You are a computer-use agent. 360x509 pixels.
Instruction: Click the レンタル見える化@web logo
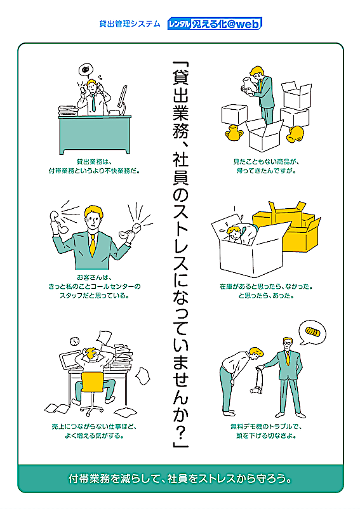point(215,23)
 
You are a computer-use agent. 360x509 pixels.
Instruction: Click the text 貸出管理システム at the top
point(130,23)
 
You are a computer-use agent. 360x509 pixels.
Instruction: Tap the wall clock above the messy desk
point(75,341)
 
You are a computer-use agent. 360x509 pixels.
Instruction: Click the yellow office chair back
point(93,382)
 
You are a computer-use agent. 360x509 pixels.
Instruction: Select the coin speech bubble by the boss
point(312,333)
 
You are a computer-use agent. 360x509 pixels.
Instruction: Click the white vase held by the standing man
point(248,86)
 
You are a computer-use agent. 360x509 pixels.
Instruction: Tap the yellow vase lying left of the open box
point(234,133)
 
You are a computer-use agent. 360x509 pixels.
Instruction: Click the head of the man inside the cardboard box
point(234,233)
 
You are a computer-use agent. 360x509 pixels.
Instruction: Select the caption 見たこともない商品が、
point(266,161)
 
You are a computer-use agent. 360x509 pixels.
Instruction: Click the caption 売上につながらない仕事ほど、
point(94,426)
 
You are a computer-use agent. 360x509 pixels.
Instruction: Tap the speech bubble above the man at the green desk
point(86,69)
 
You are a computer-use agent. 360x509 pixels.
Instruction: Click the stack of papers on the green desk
point(68,110)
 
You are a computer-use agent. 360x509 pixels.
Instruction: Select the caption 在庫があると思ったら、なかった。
point(266,287)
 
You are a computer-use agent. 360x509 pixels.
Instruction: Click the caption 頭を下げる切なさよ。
point(266,435)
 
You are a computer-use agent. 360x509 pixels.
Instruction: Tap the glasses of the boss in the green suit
point(287,342)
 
